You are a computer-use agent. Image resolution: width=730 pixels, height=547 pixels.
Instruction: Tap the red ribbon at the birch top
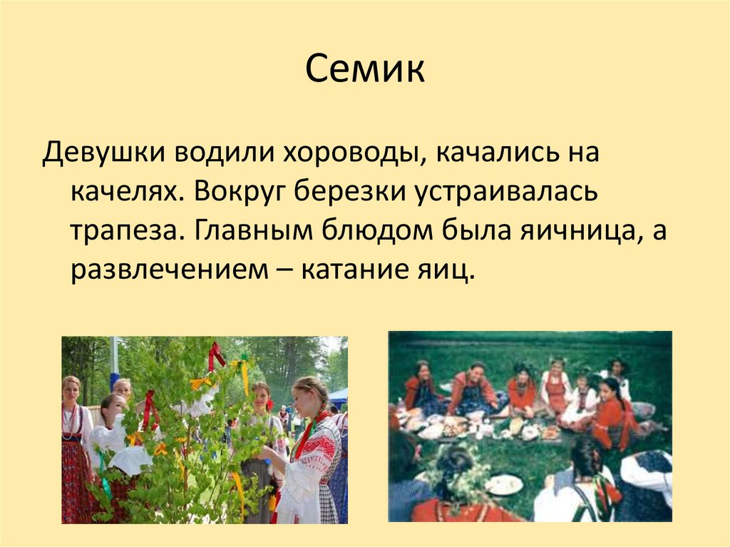coord(215,355)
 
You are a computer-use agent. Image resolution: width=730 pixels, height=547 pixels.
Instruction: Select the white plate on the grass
coord(504,484)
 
